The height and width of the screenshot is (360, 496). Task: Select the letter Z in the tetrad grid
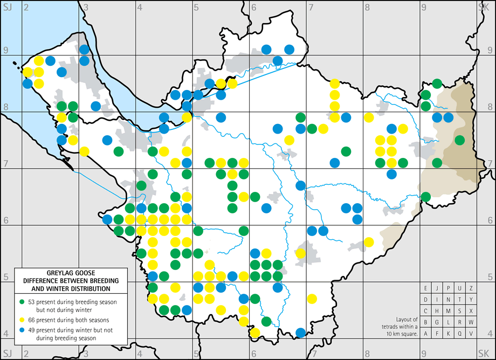coord(471,287)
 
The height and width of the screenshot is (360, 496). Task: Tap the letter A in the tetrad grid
coord(426,334)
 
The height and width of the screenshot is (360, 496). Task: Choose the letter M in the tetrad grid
coord(449,310)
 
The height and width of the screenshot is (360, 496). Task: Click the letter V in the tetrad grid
coord(471,334)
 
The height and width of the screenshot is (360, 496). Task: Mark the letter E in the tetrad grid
coord(426,287)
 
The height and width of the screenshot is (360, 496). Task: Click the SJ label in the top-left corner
coord(7,6)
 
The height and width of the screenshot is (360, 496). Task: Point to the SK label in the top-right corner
coord(483,6)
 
